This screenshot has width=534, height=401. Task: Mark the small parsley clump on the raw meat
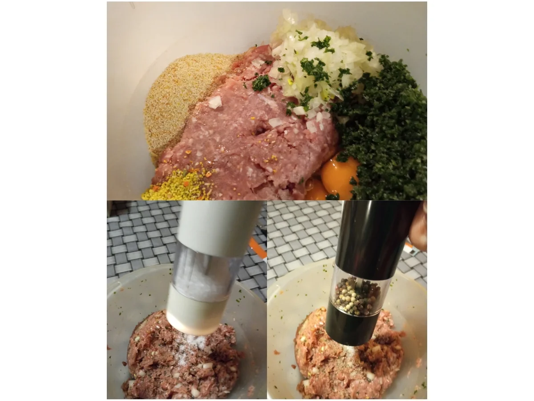pos(261,82)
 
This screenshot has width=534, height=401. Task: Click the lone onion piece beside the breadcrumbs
pos(215,102)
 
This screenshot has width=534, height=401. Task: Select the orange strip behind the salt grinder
pos(258,247)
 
